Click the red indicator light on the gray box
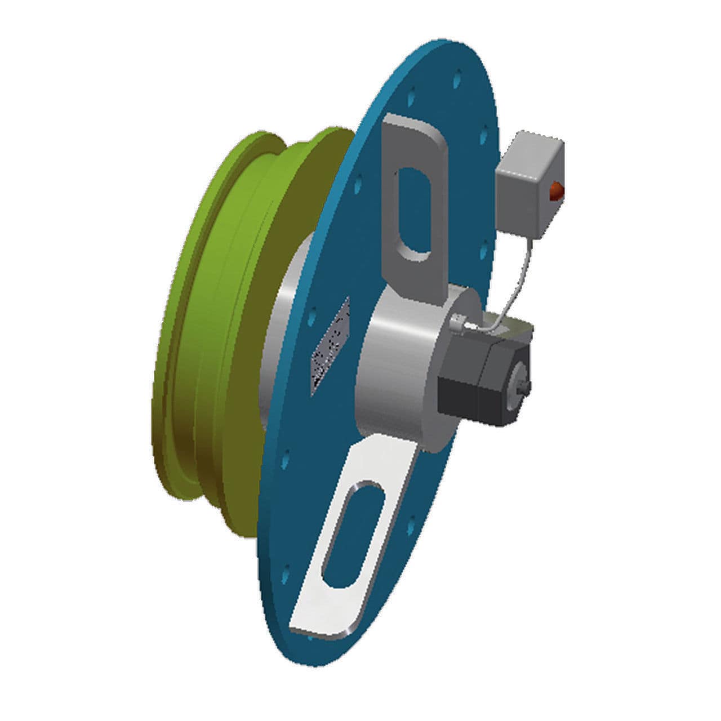pyautogui.click(x=555, y=190)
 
